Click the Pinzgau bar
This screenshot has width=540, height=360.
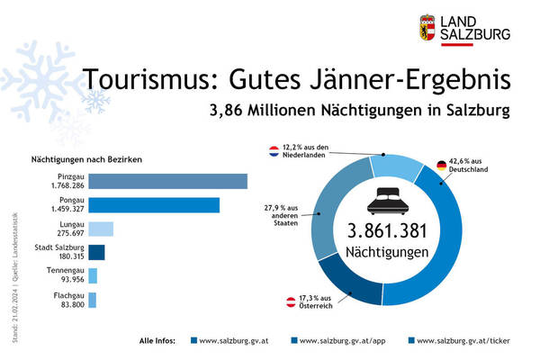point(167,181)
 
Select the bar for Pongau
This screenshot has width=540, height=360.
point(154,205)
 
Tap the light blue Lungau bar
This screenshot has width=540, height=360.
point(101,229)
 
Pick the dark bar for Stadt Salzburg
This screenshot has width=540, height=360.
point(96,252)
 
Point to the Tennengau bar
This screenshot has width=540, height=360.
point(93,275)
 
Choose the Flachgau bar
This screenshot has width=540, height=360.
point(93,300)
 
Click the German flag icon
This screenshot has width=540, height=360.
point(442,166)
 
